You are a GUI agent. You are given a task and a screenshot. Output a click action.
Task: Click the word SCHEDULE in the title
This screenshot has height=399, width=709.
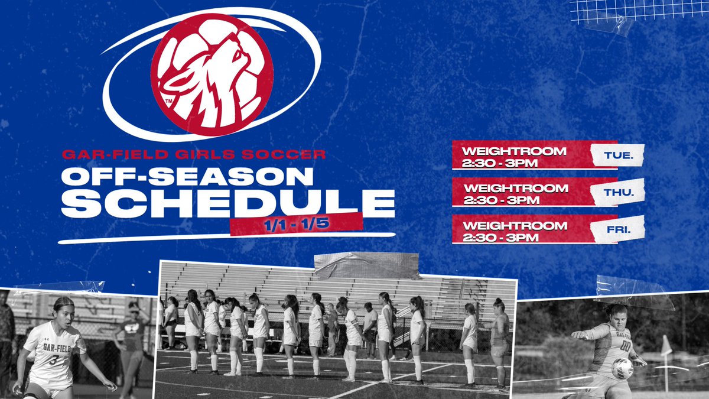(227, 203)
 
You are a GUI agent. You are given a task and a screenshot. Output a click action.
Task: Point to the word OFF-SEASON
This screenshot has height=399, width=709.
(187, 176)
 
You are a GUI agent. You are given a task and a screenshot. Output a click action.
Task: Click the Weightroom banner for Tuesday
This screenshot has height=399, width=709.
(520, 155)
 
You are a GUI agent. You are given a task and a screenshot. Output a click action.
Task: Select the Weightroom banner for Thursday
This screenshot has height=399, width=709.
(520, 193)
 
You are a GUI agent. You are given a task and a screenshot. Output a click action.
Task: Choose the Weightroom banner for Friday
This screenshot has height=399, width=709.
(520, 229)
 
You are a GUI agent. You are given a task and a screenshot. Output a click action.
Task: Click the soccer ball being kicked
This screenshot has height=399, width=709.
(622, 368)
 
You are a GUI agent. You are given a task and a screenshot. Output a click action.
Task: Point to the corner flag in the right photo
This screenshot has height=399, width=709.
(666, 346)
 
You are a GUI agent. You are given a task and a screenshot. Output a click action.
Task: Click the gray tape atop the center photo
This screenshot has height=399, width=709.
(366, 265)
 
